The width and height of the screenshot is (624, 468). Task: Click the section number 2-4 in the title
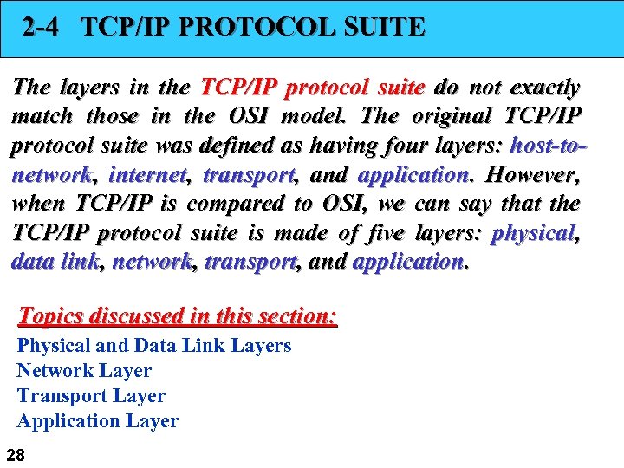pos(42,27)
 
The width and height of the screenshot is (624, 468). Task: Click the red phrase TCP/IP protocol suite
pos(312,88)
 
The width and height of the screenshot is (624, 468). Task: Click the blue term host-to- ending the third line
pos(549,146)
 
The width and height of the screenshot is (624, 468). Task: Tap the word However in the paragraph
pos(531,175)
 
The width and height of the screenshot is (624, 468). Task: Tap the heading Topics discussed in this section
pos(178,315)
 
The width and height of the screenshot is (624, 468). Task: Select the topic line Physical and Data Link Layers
pos(154,346)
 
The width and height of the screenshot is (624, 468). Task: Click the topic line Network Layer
pos(84,371)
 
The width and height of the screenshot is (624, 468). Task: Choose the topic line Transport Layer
pos(91,396)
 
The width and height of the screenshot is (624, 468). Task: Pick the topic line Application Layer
pos(97,421)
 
